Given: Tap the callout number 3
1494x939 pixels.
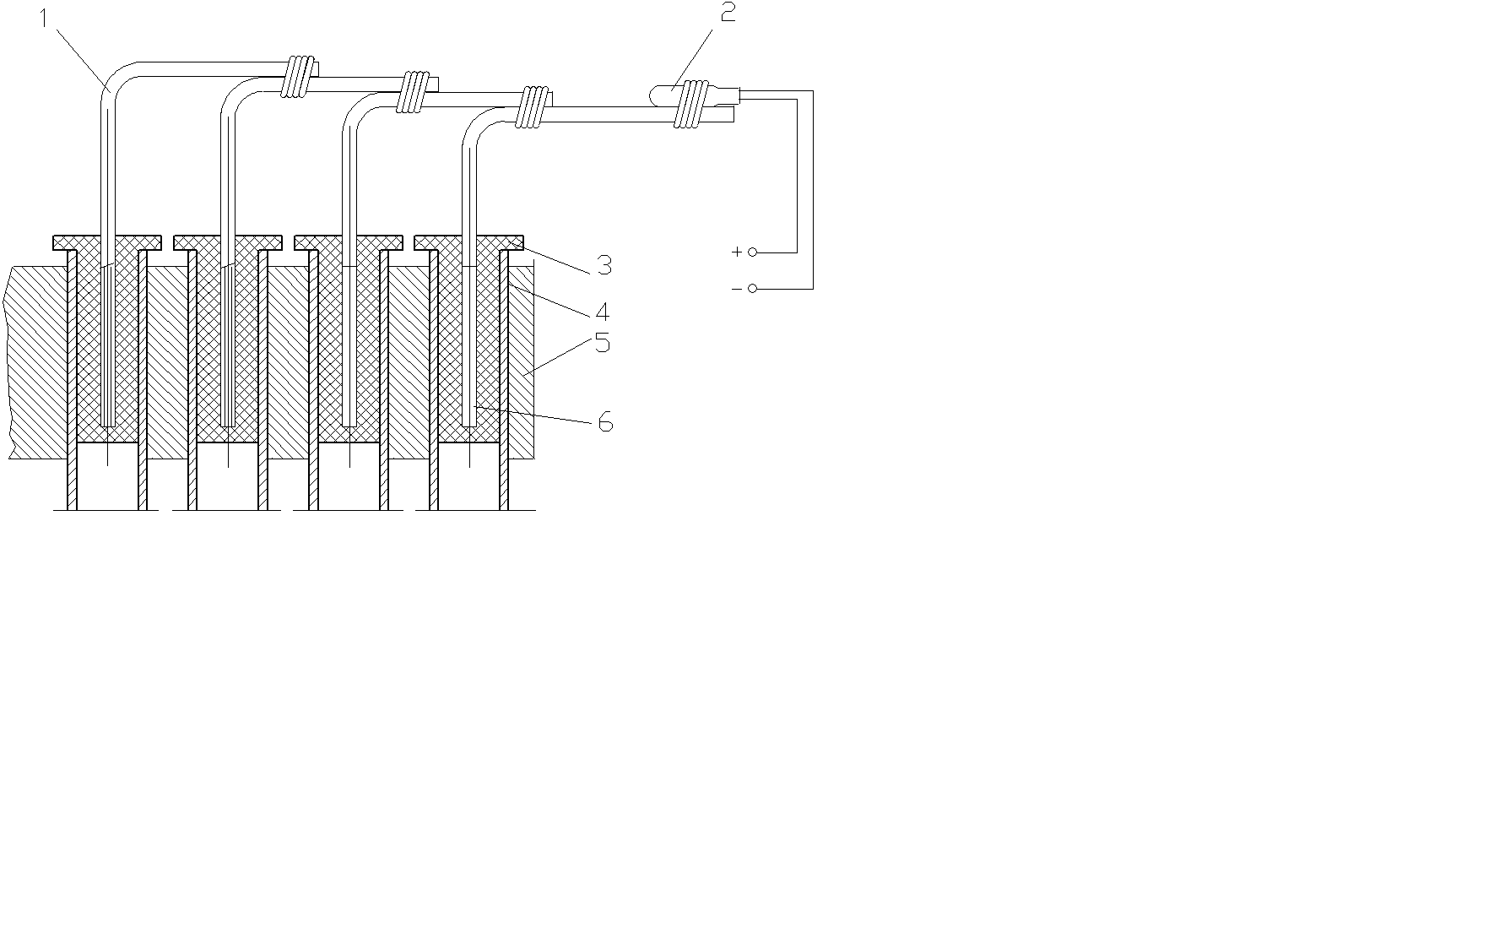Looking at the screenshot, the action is pos(604,265).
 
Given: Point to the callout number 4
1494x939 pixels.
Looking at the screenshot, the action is pos(602,312).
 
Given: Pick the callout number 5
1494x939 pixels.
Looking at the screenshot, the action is pos(602,343).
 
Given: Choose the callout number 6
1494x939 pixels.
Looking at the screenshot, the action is pos(604,421).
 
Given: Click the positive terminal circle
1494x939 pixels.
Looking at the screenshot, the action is pos(753,252).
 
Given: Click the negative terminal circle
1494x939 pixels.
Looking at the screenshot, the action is pos(753,289).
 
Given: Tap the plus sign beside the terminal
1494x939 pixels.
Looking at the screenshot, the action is pos(737,252).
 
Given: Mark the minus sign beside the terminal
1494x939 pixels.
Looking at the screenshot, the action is pos(737,289).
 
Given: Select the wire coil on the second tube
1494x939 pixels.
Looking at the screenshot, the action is pos(414,91).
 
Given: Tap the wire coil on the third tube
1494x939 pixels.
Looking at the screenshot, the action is pos(533,107).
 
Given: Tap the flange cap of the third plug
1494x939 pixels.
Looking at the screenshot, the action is pos(349,242).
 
